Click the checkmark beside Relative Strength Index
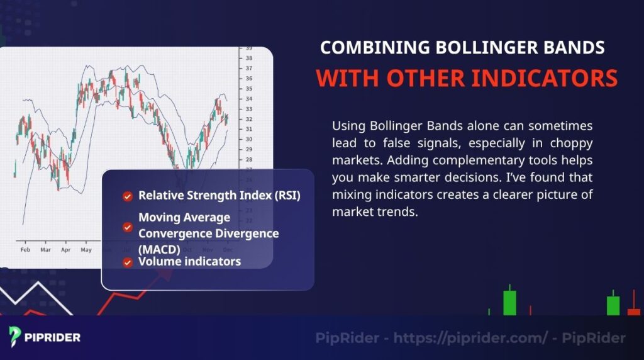point(128,196)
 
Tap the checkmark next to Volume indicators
point(128,262)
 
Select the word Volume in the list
point(159,261)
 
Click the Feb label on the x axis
point(25,250)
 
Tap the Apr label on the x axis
point(65,250)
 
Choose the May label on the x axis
point(86,250)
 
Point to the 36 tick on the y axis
point(248,79)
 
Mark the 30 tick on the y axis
point(248,139)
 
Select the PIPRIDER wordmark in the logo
point(53,338)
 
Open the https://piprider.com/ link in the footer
point(470,339)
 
